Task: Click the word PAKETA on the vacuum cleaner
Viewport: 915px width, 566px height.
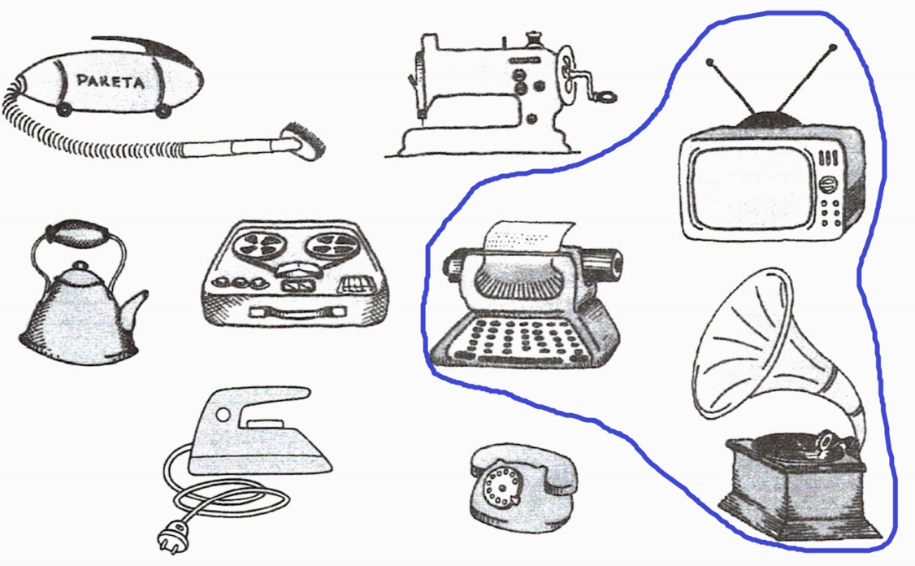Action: [111, 81]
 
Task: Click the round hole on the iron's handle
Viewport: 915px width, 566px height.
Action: [223, 415]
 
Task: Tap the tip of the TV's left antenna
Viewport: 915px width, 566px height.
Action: [710, 61]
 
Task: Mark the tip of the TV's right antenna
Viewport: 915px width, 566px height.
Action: [833, 46]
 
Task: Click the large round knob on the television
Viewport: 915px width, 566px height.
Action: [826, 184]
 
